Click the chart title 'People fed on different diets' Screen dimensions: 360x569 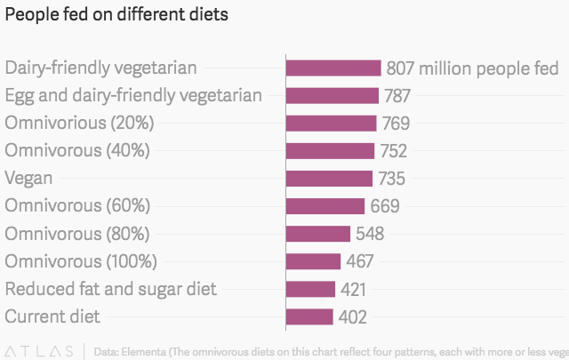(116, 15)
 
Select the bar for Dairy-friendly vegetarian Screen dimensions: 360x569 (333, 68)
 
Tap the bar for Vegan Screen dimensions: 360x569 (329, 179)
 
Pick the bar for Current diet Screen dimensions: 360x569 (309, 316)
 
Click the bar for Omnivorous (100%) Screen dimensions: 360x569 (313, 261)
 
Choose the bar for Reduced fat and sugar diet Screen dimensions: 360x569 (310, 289)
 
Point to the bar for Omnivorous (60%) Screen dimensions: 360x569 (325, 206)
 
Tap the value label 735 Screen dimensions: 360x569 (391, 179)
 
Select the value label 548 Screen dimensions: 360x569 (369, 234)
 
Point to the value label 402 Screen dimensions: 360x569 (352, 316)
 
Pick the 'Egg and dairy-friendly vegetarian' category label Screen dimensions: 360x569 (133, 96)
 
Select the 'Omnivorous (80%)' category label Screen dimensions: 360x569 (77, 234)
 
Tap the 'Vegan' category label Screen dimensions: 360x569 (28, 179)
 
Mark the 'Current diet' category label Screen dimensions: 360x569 (52, 316)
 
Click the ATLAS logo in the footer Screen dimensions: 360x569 (39, 350)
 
